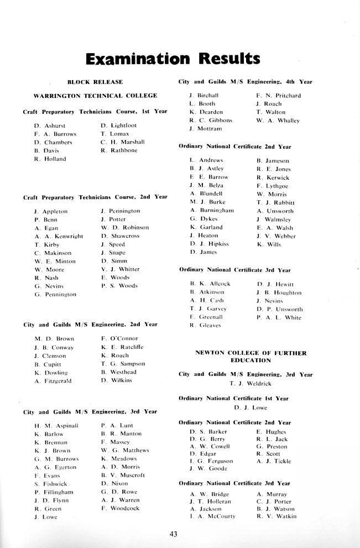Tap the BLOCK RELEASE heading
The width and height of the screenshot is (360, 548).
(x=95, y=82)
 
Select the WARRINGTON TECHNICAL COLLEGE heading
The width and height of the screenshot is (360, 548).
(x=95, y=96)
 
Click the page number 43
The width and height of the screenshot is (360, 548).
(x=173, y=534)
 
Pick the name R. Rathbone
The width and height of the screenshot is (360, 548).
(x=119, y=150)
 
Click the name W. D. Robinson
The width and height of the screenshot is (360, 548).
(x=125, y=227)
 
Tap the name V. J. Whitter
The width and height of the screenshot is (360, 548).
(x=121, y=269)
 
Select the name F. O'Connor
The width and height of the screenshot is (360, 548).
(x=119, y=338)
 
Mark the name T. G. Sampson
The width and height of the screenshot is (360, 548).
(x=123, y=364)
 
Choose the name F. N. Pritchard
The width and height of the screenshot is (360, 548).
(x=278, y=95)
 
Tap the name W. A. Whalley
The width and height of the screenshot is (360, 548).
(x=278, y=120)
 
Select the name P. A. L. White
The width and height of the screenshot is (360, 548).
(x=279, y=317)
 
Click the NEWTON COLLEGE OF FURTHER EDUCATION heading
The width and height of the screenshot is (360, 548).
(x=251, y=356)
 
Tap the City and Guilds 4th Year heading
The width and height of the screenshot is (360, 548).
(x=245, y=82)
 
